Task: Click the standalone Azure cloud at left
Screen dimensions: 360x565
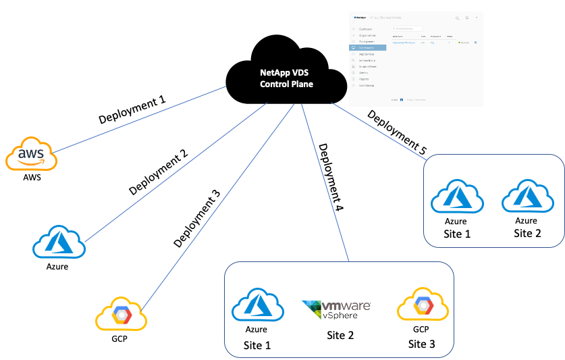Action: coord(59,241)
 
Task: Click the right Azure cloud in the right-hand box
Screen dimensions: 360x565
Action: coord(529,197)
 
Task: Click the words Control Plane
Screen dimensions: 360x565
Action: coord(286,84)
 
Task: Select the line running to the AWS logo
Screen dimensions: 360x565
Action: coord(142,119)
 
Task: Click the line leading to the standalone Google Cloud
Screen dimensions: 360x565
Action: coord(216,203)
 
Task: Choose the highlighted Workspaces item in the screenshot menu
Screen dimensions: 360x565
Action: coord(368,48)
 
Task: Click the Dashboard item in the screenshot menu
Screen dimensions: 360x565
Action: coord(368,29)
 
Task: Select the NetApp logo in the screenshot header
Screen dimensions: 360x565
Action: coord(359,18)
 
